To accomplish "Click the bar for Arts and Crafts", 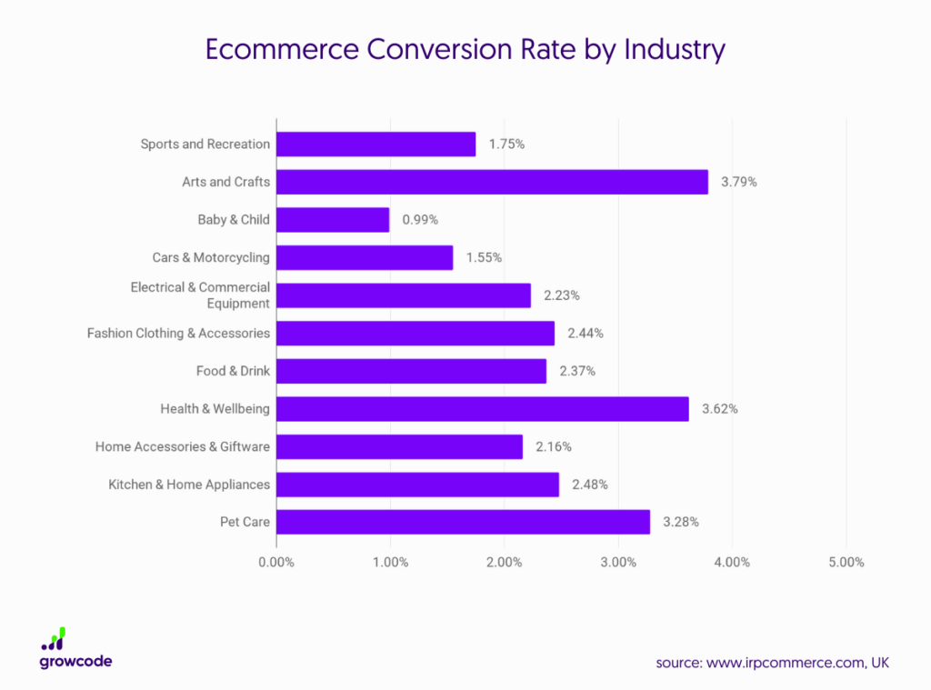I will [492, 182].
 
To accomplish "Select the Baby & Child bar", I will [333, 220].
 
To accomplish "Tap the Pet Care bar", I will [463, 522].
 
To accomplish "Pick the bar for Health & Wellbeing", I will [482, 409].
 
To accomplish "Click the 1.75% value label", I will [506, 145].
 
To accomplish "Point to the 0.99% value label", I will [420, 220].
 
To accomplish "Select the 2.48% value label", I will [590, 485].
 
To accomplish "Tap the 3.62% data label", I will [720, 409].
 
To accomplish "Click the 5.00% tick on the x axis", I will [846, 562].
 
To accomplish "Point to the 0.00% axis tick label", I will [276, 562].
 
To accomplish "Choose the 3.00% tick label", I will [618, 562].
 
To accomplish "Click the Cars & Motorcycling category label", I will [211, 258].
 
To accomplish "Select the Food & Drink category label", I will [233, 371].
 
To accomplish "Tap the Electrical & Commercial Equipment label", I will [200, 295].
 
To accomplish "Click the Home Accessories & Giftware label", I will [183, 446].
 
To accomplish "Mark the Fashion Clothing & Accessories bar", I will [415, 334].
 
